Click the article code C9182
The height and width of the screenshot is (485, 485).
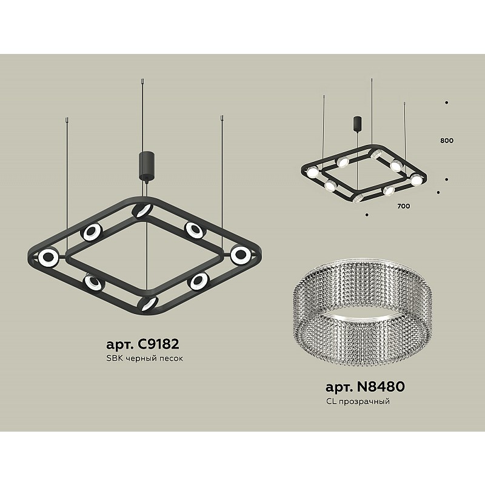tap(158, 344)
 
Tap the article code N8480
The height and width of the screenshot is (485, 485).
tap(381, 386)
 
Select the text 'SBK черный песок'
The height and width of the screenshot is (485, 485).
tap(144, 358)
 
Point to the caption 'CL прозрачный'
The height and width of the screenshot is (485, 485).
tap(358, 401)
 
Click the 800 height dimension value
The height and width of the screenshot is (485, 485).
tap(447, 141)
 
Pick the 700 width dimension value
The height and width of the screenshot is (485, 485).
tap(404, 206)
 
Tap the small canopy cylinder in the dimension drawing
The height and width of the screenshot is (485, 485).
tap(358, 124)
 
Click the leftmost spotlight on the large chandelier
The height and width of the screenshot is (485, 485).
tap(48, 257)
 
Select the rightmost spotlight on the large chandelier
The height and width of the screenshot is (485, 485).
tap(241, 255)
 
